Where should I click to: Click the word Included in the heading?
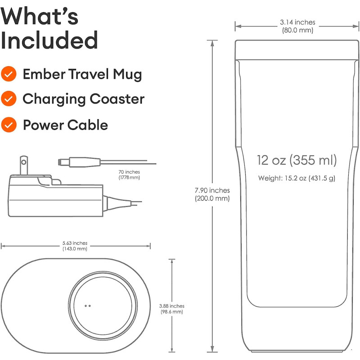coord(49,40)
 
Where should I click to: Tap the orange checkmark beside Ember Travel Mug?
coord(9,74)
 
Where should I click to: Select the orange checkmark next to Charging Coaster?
coord(9,99)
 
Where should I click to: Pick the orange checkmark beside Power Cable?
coord(9,124)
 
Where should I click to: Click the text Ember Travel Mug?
coord(82,74)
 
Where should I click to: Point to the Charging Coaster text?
coord(83,99)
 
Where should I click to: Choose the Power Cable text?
coord(65,125)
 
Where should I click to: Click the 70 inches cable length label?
coord(130,172)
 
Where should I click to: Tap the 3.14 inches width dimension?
coord(297,22)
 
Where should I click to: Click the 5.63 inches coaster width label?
coord(75,243)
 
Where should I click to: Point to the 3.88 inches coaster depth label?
coord(171,306)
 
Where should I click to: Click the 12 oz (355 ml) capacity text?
coord(297,160)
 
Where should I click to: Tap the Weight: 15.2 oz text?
coord(297,178)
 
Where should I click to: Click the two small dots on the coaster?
coord(88,306)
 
